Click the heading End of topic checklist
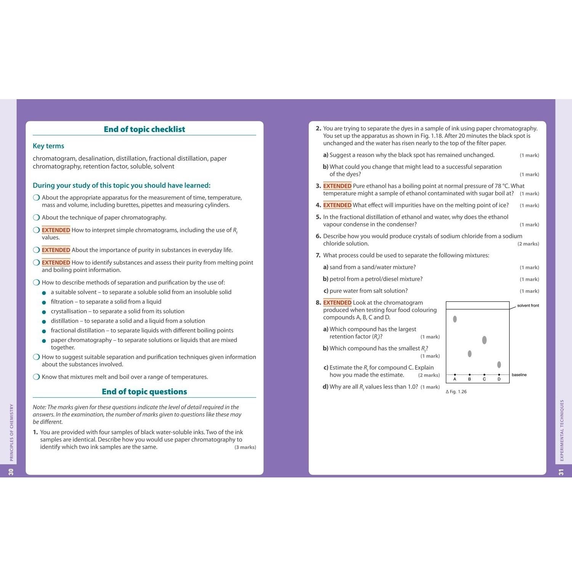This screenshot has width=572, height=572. coord(144,129)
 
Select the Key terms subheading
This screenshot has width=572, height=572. coord(48,146)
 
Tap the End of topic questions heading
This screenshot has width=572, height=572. coord(144,392)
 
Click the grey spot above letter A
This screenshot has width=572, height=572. coord(455,319)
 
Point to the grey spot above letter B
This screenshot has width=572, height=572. coord(469,354)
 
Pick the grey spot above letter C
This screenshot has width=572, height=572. coord(484,340)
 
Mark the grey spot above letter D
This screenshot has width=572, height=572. coord(499,365)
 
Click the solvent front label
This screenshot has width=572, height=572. coord(528,305)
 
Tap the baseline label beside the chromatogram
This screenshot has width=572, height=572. coord(519,375)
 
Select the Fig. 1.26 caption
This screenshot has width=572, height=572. coord(456,392)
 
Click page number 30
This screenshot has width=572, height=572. coord(11,472)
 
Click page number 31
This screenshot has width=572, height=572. coord(561,472)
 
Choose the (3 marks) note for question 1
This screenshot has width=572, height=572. coord(245,447)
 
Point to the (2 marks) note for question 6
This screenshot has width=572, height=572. coord(528,244)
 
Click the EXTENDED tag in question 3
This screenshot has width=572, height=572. coord(337,186)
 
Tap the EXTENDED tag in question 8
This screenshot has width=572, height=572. coord(337,303)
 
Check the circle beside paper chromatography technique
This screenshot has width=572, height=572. coord(36,218)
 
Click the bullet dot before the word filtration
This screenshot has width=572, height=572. coord(44,302)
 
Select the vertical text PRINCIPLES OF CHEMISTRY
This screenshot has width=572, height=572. coord(11,432)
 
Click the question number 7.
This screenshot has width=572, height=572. coord(318,255)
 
